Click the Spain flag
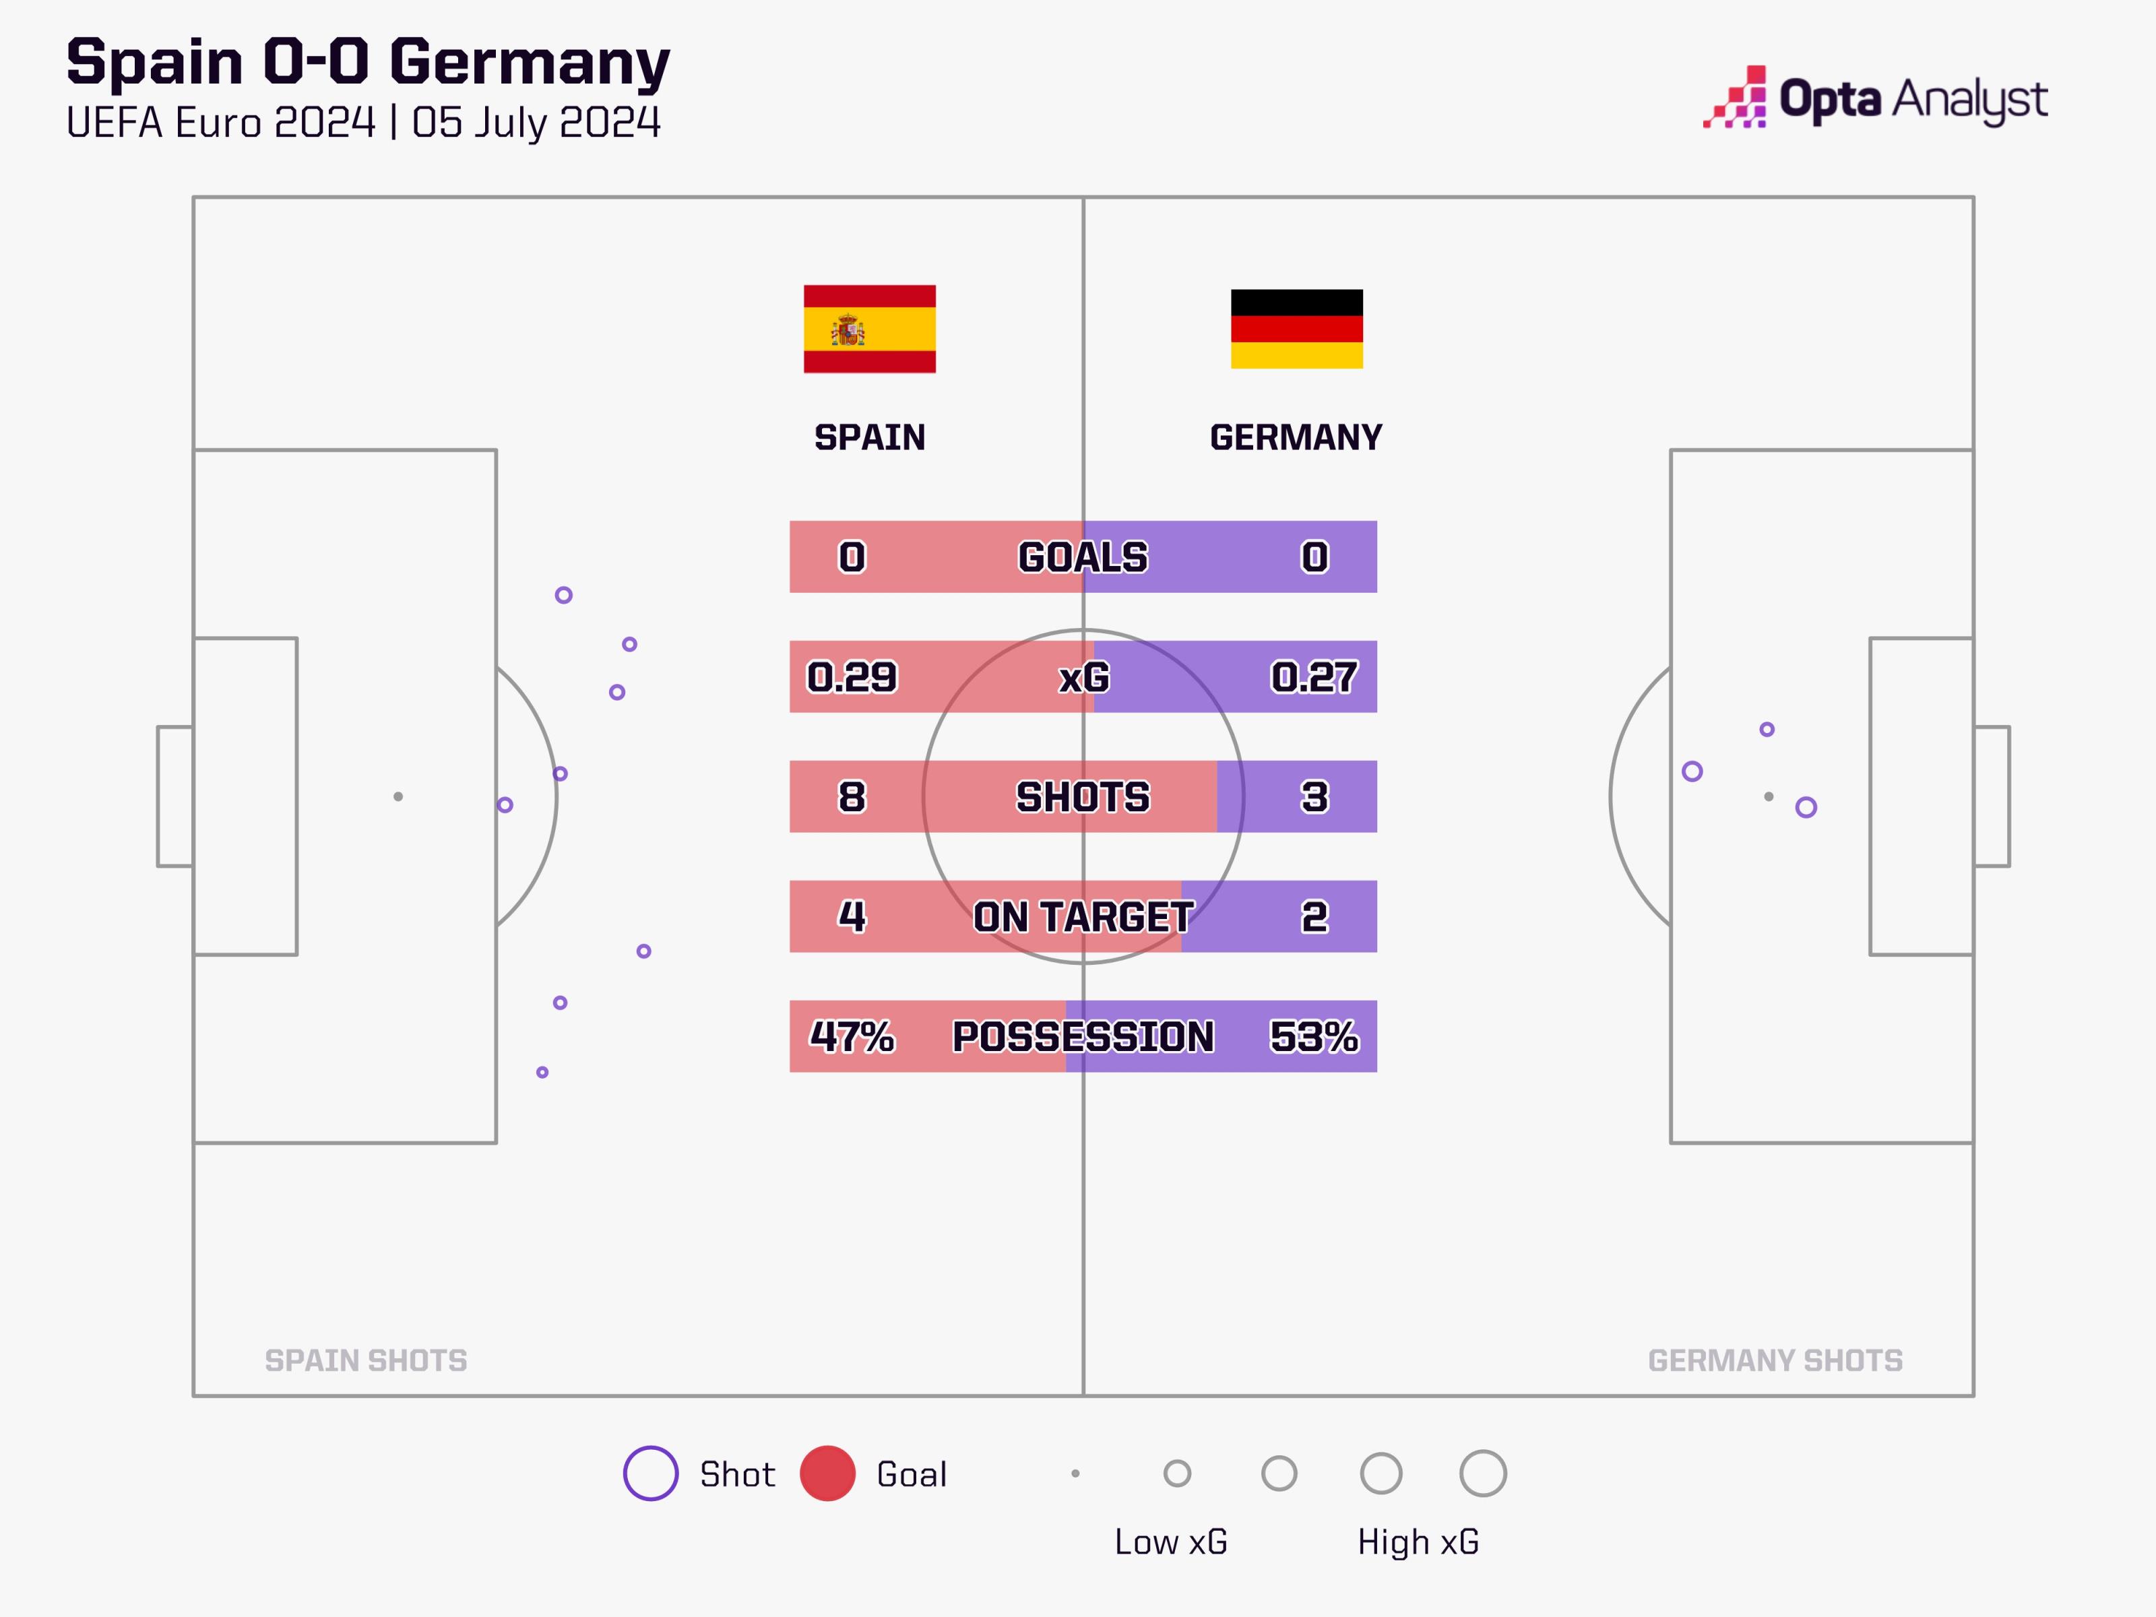pos(868,329)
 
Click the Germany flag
pos(1296,329)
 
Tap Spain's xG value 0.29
pos(851,676)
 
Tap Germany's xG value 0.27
pos(1313,676)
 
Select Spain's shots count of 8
pos(851,796)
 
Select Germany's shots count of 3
pos(1314,796)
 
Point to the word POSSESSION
pos(1083,1036)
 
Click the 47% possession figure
pos(851,1036)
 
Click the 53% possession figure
pos(1313,1036)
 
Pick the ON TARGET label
pos(1083,916)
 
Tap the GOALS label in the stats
pos(1083,557)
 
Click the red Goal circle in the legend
pos(827,1473)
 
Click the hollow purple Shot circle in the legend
pos(650,1473)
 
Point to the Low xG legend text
pos(1170,1542)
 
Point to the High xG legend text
pos(1418,1542)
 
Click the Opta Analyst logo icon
pos(1735,98)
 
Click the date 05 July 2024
pos(536,123)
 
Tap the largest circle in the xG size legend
pos(1482,1473)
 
